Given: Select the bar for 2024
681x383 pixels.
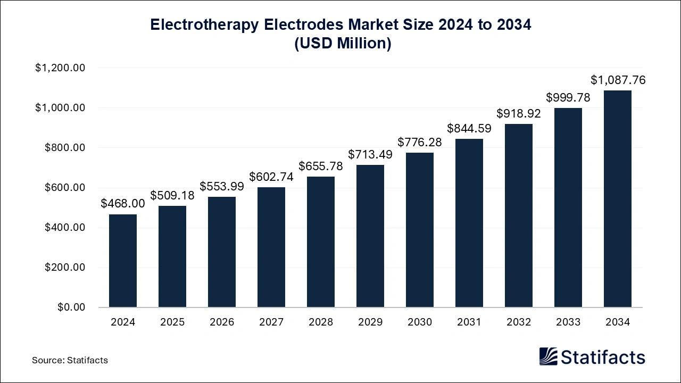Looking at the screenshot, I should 123,261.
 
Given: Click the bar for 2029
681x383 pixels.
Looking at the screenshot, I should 370,236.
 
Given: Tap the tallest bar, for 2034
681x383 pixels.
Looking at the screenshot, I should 618,199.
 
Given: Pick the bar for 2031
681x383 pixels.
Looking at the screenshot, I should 469,223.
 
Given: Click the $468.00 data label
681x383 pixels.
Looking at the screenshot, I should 123,204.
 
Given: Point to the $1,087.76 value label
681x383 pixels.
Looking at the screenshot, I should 618,80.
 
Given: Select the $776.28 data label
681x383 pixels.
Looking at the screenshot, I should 420,142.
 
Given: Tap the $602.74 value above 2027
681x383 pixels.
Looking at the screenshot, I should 271,177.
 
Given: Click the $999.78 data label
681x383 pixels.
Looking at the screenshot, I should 568,97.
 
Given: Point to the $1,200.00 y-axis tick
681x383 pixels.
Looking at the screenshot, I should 60,68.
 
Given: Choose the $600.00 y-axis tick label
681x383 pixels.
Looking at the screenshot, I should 65,188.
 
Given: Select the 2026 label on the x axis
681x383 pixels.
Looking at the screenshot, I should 222,322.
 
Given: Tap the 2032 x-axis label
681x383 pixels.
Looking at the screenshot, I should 519,322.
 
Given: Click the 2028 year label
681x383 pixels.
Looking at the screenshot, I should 321,322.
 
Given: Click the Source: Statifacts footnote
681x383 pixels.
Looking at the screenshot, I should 70,360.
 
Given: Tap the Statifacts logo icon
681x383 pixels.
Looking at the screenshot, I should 549,356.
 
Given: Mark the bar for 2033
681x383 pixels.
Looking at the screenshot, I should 568,207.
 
